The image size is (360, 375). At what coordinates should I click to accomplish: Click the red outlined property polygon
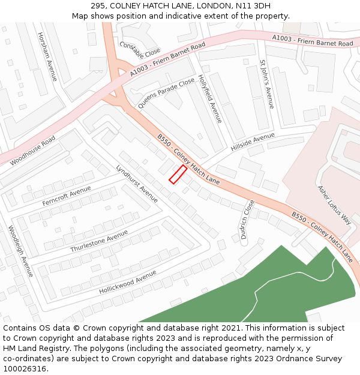178,174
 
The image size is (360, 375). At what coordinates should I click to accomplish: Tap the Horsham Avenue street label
47,57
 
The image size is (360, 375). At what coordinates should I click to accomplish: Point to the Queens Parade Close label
166,93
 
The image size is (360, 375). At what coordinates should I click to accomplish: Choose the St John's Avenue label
266,84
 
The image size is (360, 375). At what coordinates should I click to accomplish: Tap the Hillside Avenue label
252,142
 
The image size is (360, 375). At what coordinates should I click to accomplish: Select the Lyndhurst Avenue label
137,184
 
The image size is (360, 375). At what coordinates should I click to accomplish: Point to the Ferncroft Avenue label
67,196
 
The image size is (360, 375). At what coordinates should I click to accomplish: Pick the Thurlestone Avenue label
99,241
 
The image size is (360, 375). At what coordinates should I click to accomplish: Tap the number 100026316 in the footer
24,369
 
